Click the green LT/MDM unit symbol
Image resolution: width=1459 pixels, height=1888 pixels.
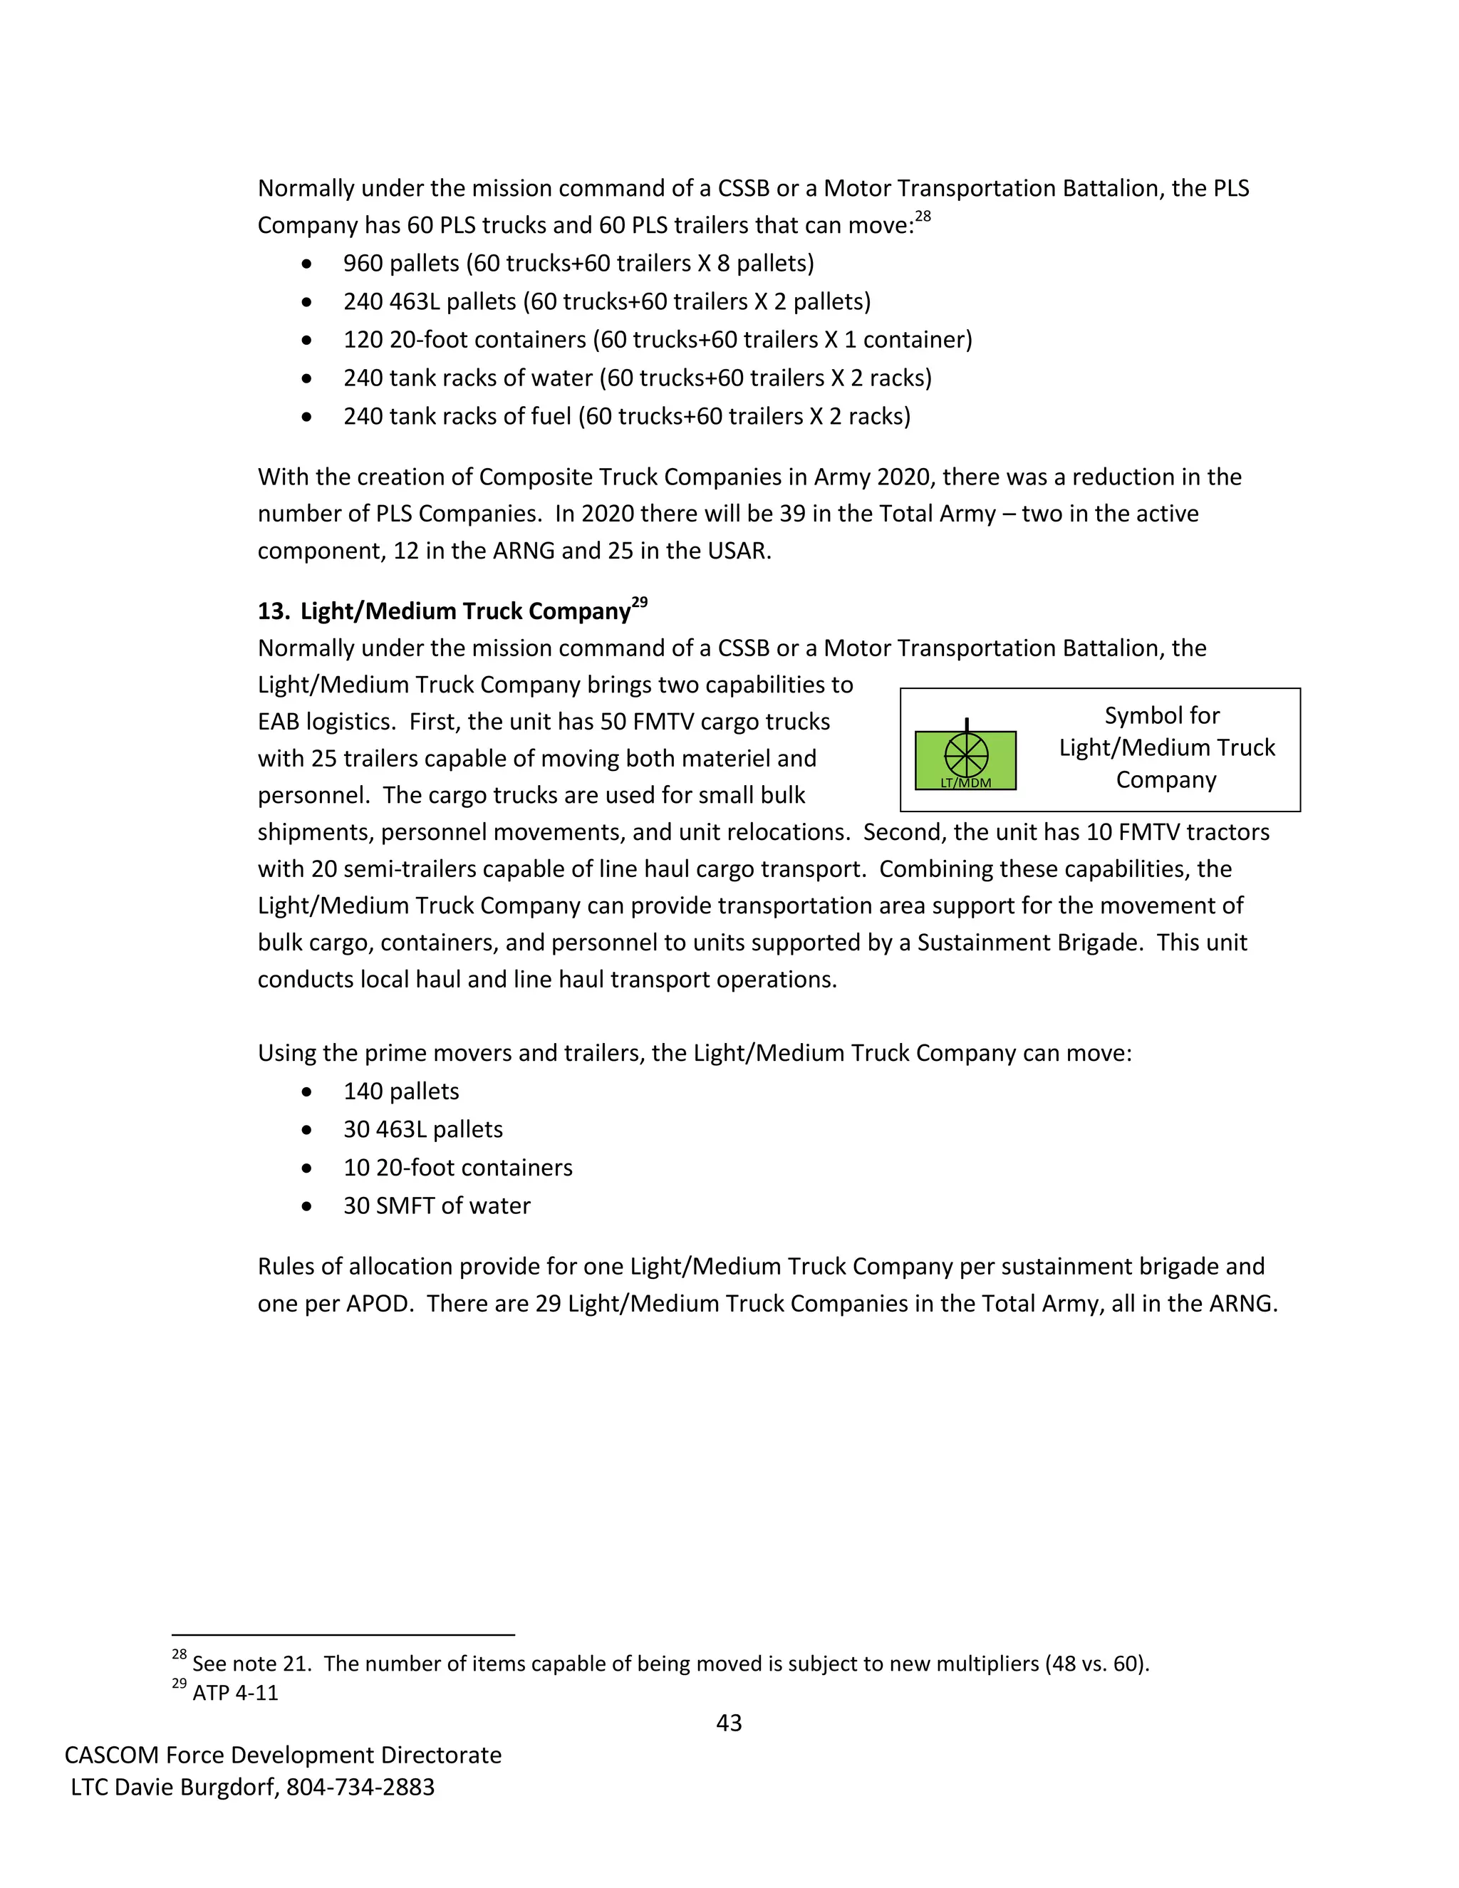tap(965, 760)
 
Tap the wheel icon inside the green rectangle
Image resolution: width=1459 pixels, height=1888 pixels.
tap(965, 754)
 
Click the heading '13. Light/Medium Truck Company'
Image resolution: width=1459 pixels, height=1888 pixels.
tap(445, 611)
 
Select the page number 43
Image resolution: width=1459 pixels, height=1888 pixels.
tap(729, 1723)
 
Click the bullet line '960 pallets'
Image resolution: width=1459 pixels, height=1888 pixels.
tap(578, 263)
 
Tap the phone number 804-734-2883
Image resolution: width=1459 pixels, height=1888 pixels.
tap(360, 1787)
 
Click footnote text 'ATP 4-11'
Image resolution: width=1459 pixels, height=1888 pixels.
tap(235, 1693)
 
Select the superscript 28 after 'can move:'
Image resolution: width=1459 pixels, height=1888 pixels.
tap(923, 216)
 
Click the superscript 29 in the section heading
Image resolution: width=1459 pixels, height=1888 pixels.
tap(640, 603)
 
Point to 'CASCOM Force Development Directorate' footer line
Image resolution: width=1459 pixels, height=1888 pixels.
tap(283, 1755)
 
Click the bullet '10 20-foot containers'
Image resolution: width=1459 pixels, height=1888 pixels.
tap(457, 1167)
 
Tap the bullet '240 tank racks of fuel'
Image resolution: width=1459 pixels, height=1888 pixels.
tap(627, 416)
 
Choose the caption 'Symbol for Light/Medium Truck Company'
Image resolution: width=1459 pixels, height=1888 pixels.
tap(1166, 747)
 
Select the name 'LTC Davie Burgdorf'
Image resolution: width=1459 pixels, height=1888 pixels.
tap(175, 1787)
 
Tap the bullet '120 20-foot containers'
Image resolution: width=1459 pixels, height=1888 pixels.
tap(657, 339)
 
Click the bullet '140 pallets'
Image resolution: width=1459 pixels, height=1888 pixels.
tap(401, 1091)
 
